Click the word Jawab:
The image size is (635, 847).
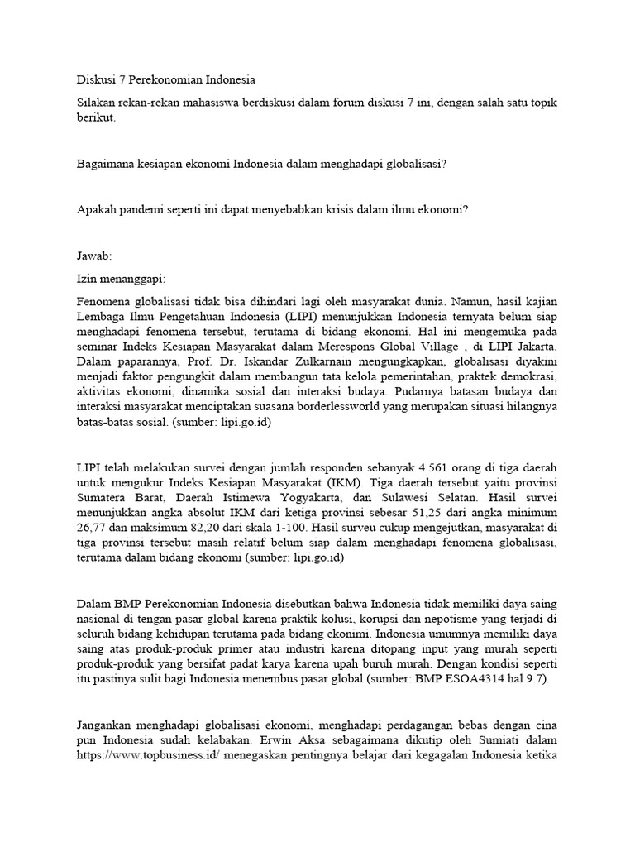pos(93,256)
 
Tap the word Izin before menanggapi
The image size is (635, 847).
pos(86,279)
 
